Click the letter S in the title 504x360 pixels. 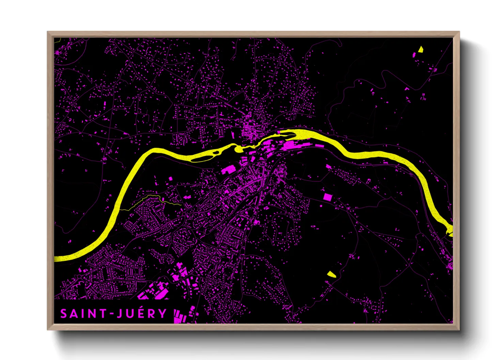pyautogui.click(x=64, y=314)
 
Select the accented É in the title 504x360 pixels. pyautogui.click(x=139, y=313)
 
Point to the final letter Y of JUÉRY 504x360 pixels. pyautogui.click(x=162, y=314)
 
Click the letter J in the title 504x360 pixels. pyautogui.click(x=119, y=314)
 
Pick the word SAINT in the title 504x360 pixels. pyautogui.click(x=84, y=314)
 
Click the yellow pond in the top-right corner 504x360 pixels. pyautogui.click(x=421, y=49)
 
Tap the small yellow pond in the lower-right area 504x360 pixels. pyautogui.click(x=331, y=274)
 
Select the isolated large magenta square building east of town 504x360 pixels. pyautogui.click(x=327, y=197)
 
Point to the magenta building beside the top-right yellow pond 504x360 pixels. pyautogui.click(x=414, y=54)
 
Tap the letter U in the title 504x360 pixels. pyautogui.click(x=129, y=314)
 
